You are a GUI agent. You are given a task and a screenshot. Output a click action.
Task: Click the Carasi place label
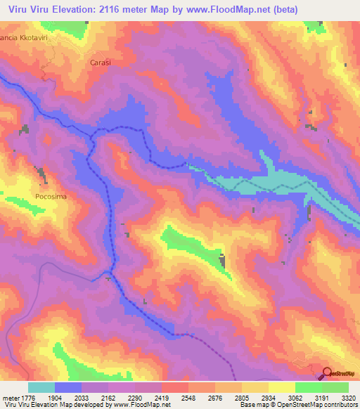click(101, 63)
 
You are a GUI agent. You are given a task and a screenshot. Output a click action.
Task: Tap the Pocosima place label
click(51, 197)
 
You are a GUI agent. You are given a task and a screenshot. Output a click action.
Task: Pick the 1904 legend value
click(63, 398)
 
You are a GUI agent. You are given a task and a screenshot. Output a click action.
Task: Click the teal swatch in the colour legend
click(41, 387)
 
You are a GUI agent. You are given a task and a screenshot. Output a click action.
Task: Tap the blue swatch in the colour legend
click(68, 387)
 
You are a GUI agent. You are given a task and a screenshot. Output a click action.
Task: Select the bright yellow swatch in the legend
click(282, 387)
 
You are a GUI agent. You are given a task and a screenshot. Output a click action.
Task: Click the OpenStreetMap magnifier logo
click(327, 373)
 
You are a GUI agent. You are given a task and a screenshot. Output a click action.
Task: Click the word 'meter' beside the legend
click(10, 398)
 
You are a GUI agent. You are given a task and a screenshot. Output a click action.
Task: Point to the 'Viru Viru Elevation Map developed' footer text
click(49, 405)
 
